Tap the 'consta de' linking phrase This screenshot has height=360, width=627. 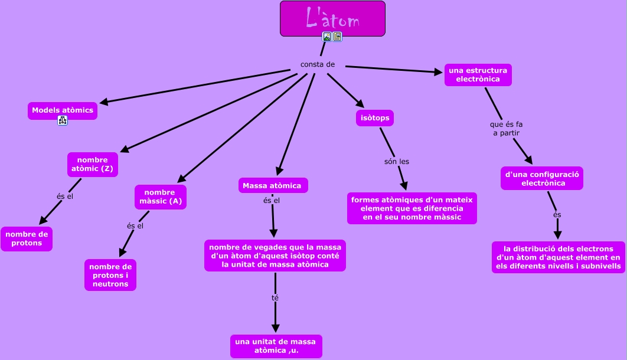[318, 64]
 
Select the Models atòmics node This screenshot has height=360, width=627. [63, 110]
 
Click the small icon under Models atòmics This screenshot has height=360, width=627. [63, 121]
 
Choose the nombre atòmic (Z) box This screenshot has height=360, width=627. [93, 165]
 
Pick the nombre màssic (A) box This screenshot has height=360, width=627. [161, 197]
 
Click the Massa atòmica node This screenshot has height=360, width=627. [272, 185]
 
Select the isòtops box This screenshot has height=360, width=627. [375, 118]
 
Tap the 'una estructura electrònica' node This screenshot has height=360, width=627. [478, 75]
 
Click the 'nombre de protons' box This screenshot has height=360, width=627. [27, 238]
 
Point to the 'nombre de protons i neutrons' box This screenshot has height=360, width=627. [110, 275]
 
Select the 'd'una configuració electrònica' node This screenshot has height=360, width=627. [542, 178]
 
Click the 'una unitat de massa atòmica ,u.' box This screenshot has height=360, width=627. [276, 346]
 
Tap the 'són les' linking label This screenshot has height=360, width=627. [396, 161]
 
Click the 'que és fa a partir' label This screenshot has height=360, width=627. [507, 129]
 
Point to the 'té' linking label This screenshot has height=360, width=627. [275, 297]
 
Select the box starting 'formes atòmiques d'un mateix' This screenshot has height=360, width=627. [412, 208]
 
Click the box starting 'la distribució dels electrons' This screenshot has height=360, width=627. [558, 257]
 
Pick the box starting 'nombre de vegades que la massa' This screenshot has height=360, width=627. [275, 255]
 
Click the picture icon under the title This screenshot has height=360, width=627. [327, 37]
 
